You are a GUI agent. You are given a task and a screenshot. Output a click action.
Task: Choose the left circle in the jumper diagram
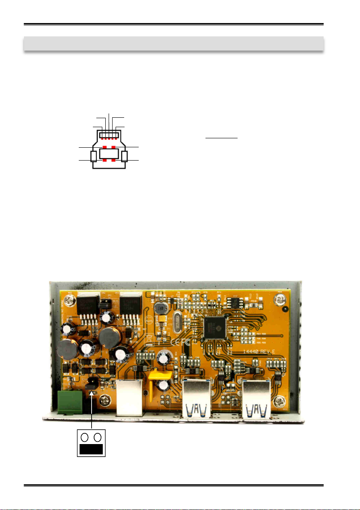coord(85,437)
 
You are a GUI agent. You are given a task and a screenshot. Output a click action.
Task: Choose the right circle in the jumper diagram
coord(98,437)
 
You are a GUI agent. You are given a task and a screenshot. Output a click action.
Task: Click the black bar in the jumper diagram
coord(91,449)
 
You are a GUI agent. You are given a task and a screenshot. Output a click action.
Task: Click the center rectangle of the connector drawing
coord(109,154)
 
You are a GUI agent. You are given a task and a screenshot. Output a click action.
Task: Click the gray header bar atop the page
coord(173,44)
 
